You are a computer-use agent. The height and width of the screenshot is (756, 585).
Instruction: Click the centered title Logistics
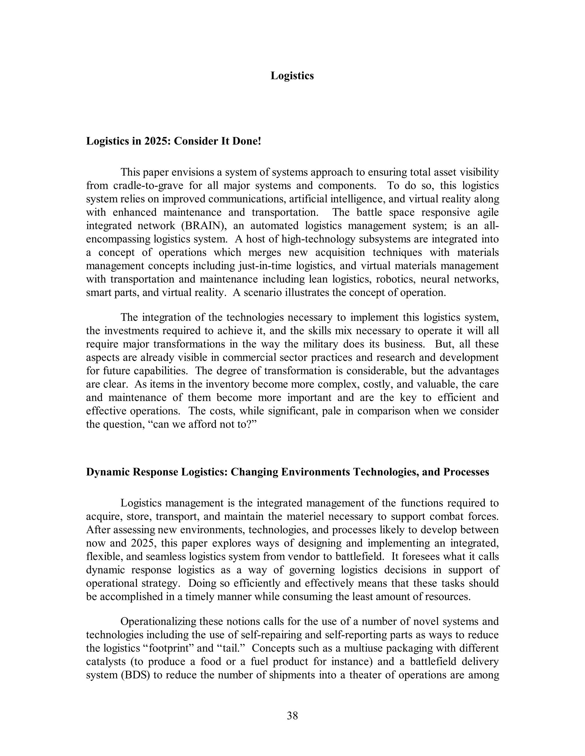tap(292, 76)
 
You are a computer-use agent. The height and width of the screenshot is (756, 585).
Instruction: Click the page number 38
tap(292, 715)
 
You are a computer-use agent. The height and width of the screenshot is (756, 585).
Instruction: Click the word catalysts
tap(106, 662)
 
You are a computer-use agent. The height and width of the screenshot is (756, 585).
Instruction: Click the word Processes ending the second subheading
tap(466, 472)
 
